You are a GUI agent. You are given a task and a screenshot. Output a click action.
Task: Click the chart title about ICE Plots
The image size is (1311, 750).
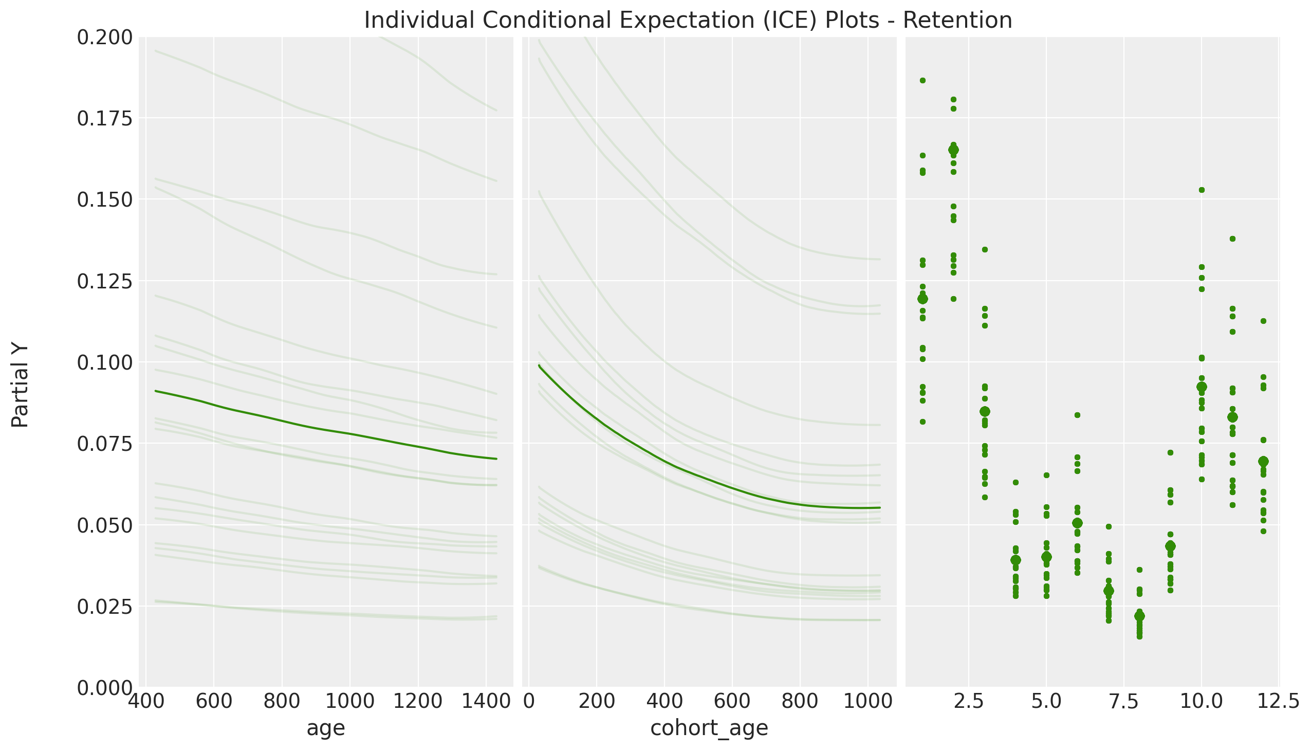688,21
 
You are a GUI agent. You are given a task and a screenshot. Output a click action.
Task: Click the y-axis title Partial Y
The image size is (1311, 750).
20,387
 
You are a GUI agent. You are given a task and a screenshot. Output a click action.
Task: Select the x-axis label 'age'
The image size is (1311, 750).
325,728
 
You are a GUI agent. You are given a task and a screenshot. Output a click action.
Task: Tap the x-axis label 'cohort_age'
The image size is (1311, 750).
709,728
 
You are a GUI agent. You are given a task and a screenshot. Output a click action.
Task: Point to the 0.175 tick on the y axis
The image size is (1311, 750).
104,119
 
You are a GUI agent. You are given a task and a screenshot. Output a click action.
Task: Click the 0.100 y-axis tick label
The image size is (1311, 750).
104,362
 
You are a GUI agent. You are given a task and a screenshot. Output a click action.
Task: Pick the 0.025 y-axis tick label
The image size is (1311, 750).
104,607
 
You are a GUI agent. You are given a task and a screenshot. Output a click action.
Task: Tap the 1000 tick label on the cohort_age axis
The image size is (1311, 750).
868,702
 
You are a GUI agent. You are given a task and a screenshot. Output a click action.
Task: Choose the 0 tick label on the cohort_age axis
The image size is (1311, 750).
528,702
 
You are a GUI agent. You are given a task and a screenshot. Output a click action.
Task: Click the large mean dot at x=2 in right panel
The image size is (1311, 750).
953,150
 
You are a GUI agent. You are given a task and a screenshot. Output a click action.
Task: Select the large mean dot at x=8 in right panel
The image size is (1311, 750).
1139,616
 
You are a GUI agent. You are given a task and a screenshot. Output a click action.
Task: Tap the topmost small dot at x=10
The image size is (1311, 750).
1202,190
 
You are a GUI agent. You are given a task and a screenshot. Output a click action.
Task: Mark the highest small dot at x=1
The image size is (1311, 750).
922,80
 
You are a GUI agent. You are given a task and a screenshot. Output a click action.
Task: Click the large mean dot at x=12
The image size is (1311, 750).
1263,461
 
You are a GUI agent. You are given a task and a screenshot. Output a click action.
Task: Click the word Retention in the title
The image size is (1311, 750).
957,21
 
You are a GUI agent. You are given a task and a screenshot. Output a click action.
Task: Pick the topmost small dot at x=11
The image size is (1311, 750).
1232,239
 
